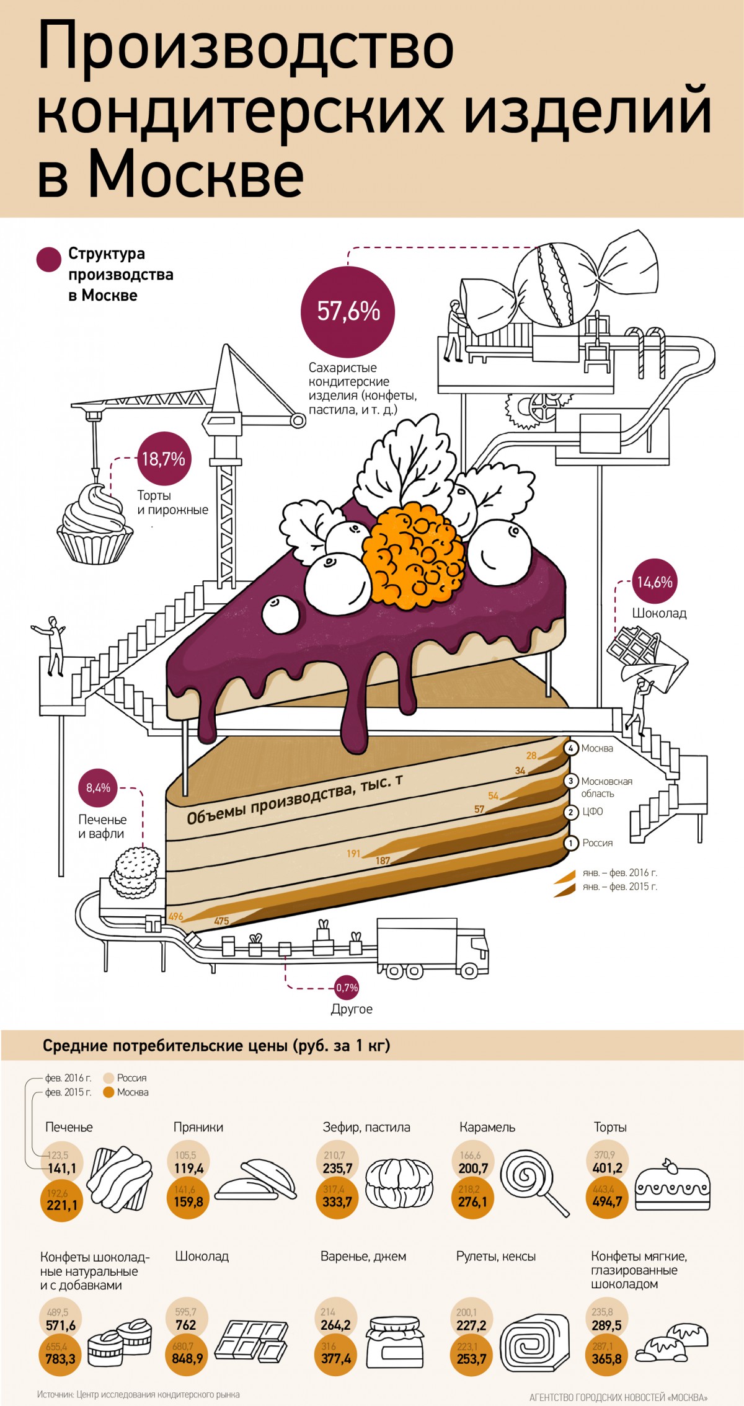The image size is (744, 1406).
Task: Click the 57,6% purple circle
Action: coord(348,312)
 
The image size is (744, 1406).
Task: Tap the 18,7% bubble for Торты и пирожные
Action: coord(164,459)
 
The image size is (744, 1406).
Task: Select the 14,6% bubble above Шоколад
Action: coord(655,581)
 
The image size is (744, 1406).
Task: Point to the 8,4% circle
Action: coord(98,788)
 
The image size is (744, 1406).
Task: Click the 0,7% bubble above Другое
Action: coord(347,988)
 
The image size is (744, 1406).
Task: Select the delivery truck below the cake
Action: coord(432,948)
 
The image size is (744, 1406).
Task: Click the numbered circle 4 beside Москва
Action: coord(571,748)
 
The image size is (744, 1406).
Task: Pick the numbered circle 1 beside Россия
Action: coord(571,843)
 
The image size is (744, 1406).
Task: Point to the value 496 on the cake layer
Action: coord(175,917)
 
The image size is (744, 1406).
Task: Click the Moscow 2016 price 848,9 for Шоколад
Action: coord(188,1358)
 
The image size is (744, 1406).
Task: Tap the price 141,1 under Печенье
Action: coord(62,1169)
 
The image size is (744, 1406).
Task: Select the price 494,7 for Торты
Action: coord(607,1201)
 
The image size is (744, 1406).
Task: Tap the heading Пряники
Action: coord(198,1127)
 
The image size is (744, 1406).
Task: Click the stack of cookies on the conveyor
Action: coord(135,873)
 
